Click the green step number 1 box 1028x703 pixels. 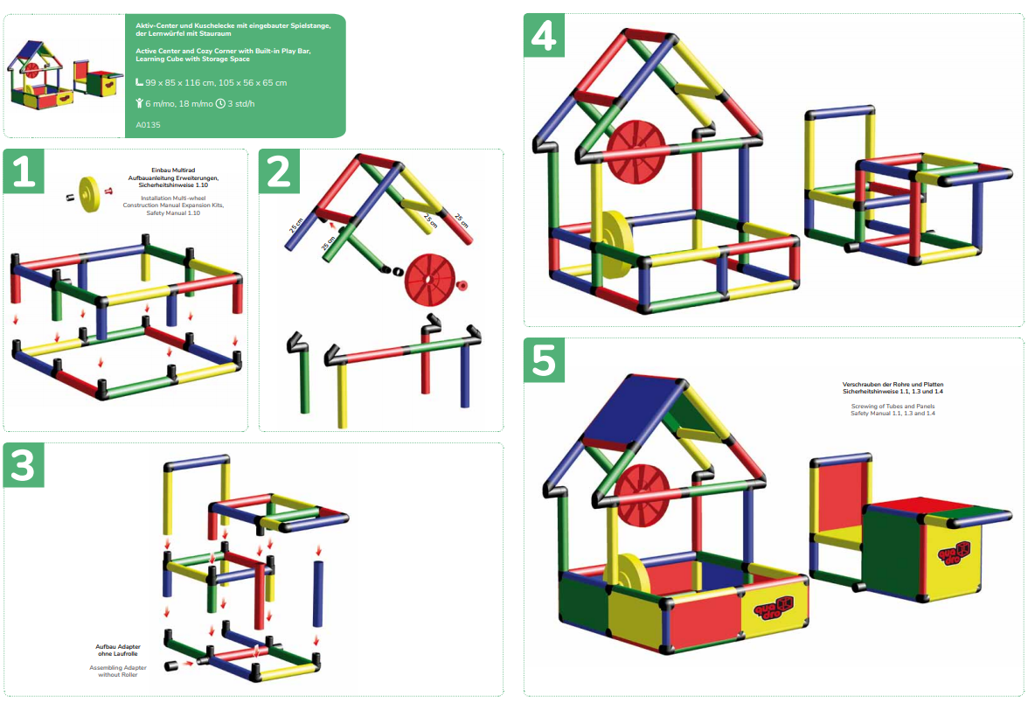pyautogui.click(x=24, y=171)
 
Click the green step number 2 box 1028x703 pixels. pyautogui.click(x=280, y=171)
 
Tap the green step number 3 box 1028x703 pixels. pyautogui.click(x=24, y=465)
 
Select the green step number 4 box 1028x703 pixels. pyautogui.click(x=544, y=35)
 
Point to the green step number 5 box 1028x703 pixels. pyautogui.click(x=544, y=360)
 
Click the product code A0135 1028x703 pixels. pyautogui.click(x=149, y=124)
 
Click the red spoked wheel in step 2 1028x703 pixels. pyautogui.click(x=429, y=280)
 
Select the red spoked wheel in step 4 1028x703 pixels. pyautogui.click(x=636, y=151)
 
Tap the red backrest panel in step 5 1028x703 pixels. pyautogui.click(x=841, y=497)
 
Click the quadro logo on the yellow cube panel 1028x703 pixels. pyautogui.click(x=953, y=553)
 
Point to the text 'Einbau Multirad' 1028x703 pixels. pyautogui.click(x=173, y=170)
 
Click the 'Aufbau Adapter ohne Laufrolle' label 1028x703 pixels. pyautogui.click(x=118, y=650)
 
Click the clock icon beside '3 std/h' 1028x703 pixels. pyautogui.click(x=220, y=103)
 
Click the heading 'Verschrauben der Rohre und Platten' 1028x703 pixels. pyautogui.click(x=893, y=385)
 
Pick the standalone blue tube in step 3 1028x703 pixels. pyautogui.click(x=318, y=593)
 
